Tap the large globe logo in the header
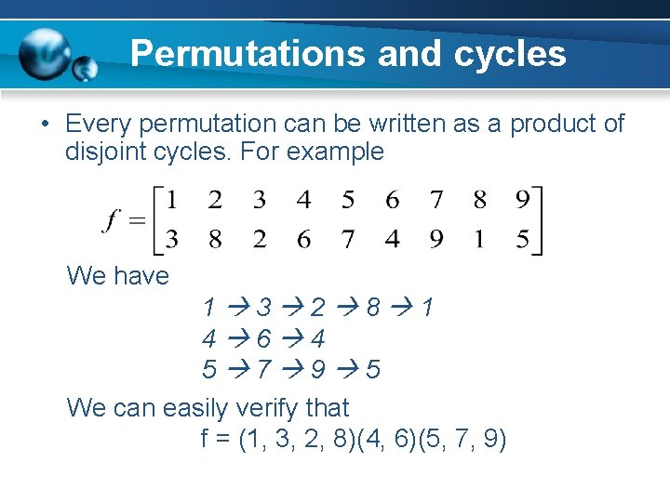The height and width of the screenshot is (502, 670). pos(46,53)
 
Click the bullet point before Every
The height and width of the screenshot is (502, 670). pos(45,125)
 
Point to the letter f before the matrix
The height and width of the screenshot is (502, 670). pos(112,221)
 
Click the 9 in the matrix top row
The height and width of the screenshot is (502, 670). pos(522,200)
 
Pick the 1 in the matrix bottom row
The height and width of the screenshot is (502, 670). pos(478,240)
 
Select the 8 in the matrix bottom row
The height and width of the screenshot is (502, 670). pos(216,240)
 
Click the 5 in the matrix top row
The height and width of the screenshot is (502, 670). pos(348,200)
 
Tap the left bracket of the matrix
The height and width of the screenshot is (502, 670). pos(159,220)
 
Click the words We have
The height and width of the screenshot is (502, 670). pos(118,276)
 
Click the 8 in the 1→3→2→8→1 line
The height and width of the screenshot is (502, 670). pos(372,308)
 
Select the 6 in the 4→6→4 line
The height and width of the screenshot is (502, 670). pos(264,339)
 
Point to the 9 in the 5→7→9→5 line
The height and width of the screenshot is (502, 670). pos(318,371)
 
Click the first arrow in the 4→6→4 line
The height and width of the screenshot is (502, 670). pos(236,339)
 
